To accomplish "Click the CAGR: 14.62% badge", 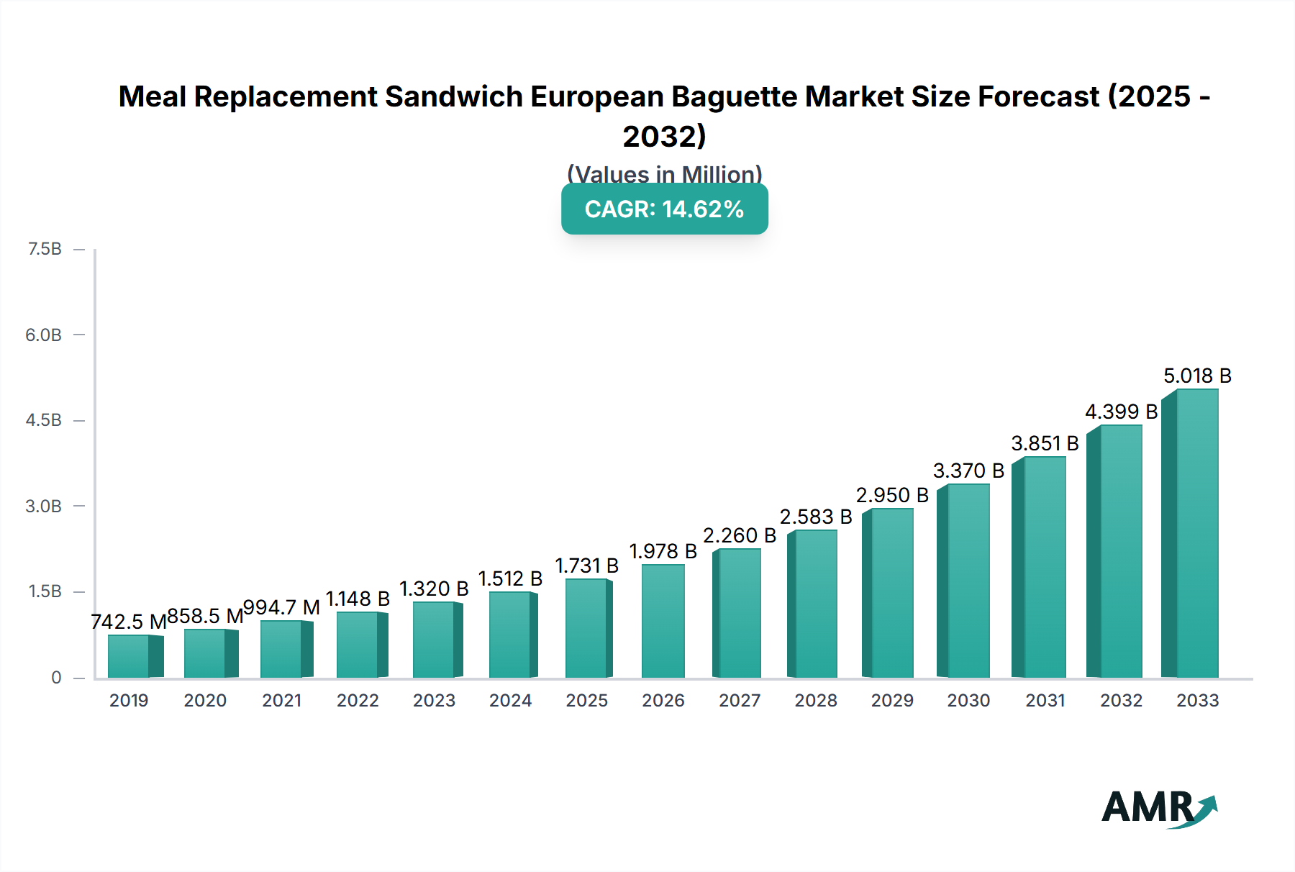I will point(664,209).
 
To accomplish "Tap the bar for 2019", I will point(129,655).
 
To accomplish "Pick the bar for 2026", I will point(663,621).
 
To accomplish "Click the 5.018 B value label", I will point(1197,376).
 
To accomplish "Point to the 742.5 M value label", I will point(129,622).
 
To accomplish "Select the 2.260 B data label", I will point(740,535).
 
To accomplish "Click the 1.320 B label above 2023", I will point(434,589).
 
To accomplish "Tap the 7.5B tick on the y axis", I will point(45,249).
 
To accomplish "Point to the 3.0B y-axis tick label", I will point(44,506).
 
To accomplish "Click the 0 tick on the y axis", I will point(56,677).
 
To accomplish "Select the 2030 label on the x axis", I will point(968,700).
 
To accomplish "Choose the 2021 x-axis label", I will point(281,700).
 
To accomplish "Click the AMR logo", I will point(1158,807).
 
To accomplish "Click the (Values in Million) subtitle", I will point(664,174).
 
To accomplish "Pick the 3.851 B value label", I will point(1045,443).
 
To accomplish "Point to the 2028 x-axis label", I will point(816,700).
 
